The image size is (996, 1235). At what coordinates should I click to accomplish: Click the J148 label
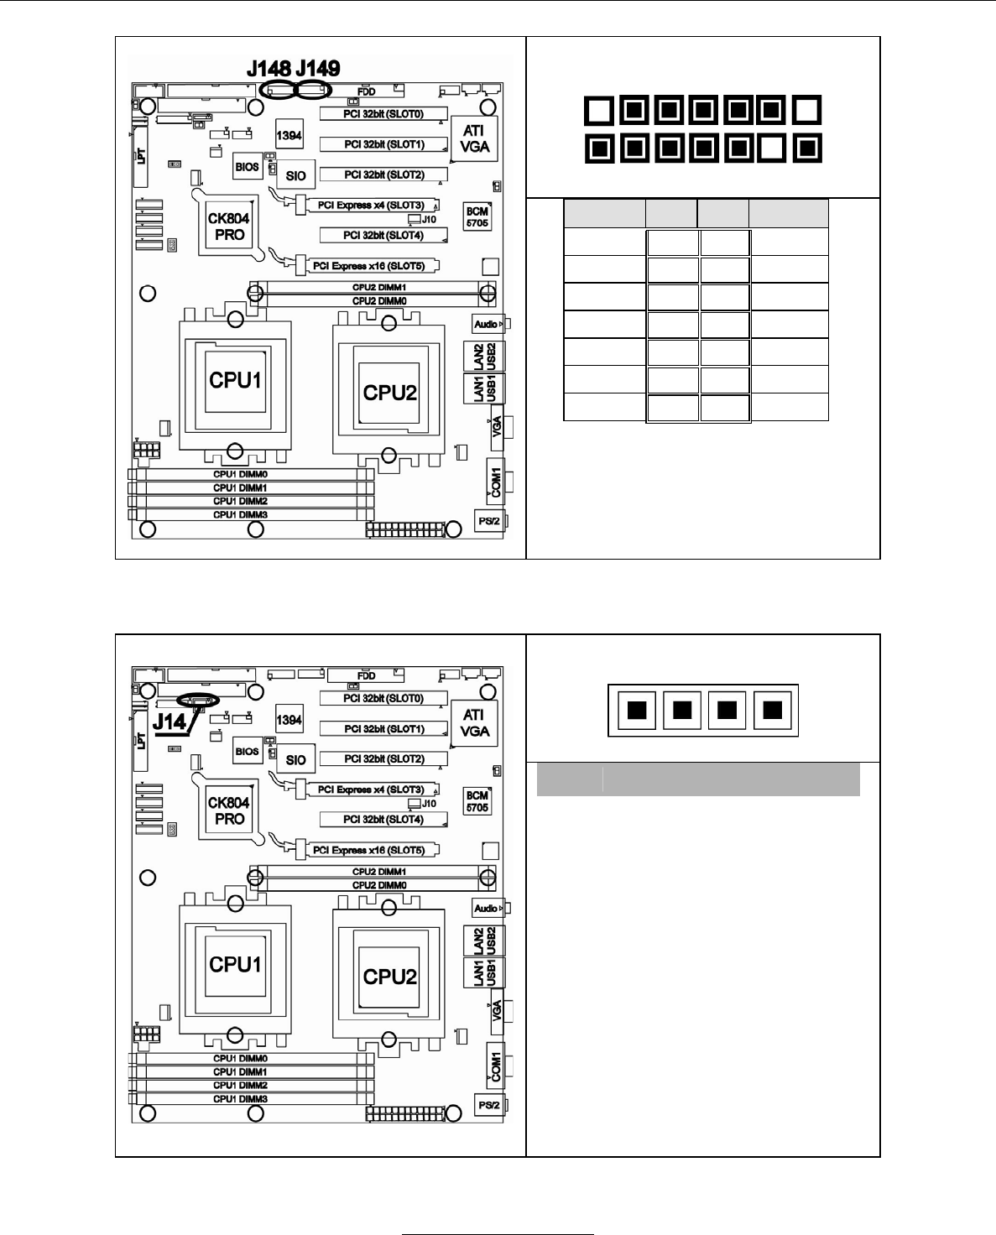[x=269, y=69]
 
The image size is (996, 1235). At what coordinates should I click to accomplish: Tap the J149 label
[x=318, y=69]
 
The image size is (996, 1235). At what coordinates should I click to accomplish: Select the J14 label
[x=169, y=721]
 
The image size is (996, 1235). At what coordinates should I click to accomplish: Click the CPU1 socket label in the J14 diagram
[x=236, y=964]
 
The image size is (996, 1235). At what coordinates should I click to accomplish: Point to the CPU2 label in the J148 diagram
[x=390, y=392]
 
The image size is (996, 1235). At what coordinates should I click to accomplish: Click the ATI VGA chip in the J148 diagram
[x=475, y=138]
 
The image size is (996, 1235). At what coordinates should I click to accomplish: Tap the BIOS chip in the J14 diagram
[x=247, y=751]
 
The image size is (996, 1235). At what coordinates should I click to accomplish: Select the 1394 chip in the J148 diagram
[x=289, y=135]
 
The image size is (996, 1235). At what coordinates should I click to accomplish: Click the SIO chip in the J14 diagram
[x=296, y=760]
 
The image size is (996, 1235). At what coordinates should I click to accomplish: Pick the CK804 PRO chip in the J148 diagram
[x=229, y=227]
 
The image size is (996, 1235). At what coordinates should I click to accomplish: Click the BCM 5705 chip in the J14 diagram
[x=477, y=801]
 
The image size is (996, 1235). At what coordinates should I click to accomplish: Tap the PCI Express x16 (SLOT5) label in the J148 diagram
[x=369, y=266]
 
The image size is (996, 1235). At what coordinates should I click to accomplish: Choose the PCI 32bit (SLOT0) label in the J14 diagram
[x=383, y=698]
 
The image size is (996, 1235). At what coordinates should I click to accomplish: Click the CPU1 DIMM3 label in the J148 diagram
[x=240, y=514]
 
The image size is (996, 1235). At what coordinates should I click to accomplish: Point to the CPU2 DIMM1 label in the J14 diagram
[x=379, y=872]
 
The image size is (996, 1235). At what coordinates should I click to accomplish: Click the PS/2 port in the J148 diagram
[x=489, y=521]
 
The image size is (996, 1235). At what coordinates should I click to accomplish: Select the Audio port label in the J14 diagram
[x=486, y=908]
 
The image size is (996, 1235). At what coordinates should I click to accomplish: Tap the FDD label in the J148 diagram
[x=367, y=91]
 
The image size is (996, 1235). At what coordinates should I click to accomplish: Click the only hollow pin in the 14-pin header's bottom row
[x=771, y=149]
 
